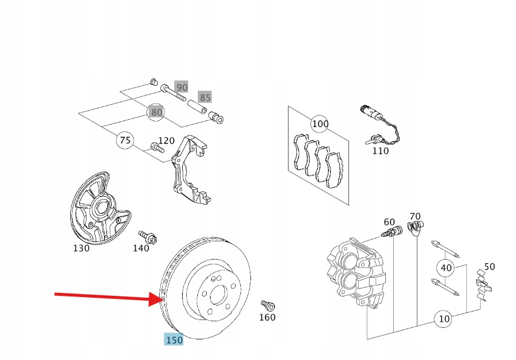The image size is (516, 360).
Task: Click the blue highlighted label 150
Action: tap(174, 340)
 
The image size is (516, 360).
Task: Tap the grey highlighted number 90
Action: tap(181, 88)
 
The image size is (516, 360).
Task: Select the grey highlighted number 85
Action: tap(205, 97)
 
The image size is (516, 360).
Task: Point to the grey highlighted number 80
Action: tap(157, 112)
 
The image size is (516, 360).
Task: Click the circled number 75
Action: tap(125, 140)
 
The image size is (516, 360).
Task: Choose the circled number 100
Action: tap(320, 125)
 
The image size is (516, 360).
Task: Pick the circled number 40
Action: tap(446, 267)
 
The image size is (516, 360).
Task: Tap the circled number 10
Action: tap(444, 319)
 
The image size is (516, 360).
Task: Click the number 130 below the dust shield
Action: tap(81, 248)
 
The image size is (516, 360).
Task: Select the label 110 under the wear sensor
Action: tap(380, 151)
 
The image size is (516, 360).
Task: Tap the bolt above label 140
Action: tap(145, 235)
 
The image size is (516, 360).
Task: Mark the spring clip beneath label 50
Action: tap(484, 284)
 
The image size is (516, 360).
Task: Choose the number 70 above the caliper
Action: tap(414, 216)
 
